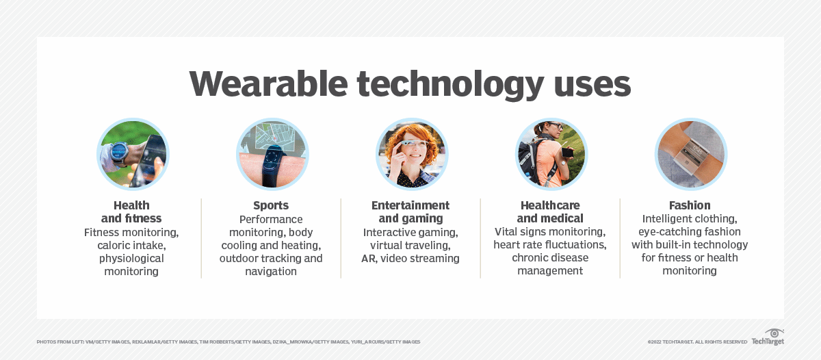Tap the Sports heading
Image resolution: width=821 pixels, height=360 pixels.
271,205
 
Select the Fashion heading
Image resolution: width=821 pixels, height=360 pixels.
690,205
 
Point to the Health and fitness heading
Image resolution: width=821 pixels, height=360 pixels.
131,212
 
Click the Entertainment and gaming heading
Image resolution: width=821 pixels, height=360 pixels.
410,212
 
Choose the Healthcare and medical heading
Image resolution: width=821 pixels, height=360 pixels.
550,212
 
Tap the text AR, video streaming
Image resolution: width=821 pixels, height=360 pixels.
410,259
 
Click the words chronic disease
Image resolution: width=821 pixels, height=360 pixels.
550,258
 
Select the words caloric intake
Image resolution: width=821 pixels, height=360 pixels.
131,245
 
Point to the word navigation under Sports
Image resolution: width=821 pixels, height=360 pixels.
271,272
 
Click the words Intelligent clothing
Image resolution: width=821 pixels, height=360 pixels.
690,219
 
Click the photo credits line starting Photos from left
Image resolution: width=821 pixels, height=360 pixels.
229,342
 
